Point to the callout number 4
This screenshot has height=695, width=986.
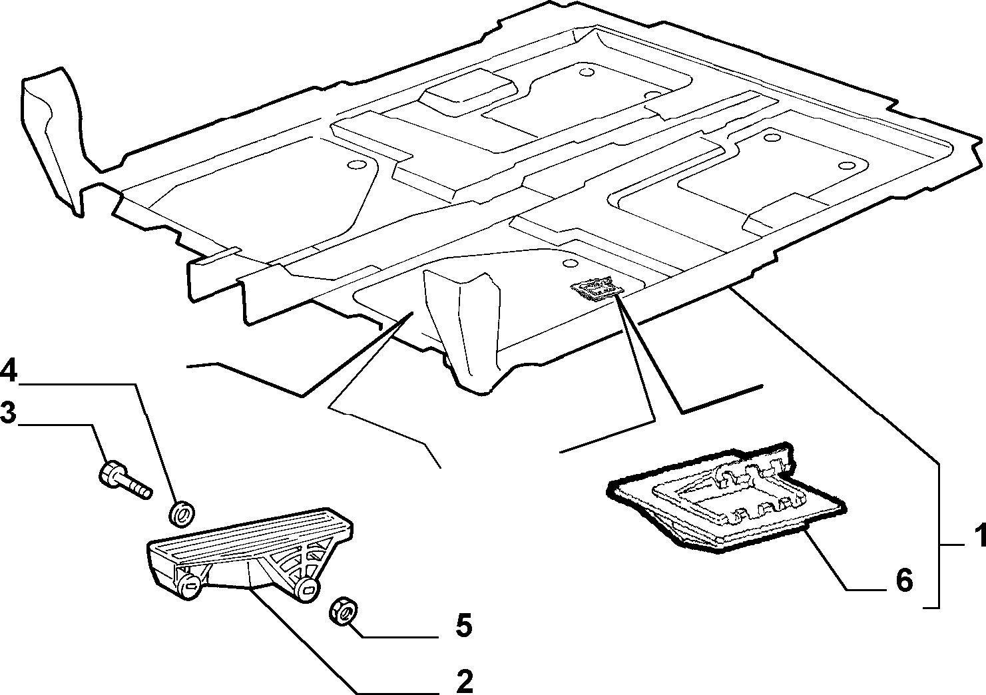click(9, 372)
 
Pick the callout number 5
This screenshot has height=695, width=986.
click(463, 626)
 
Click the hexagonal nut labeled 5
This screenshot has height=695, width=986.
click(344, 611)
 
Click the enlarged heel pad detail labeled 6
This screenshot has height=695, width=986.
click(726, 500)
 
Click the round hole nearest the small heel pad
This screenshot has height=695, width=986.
click(571, 263)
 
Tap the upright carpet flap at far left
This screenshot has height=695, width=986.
click(52, 141)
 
